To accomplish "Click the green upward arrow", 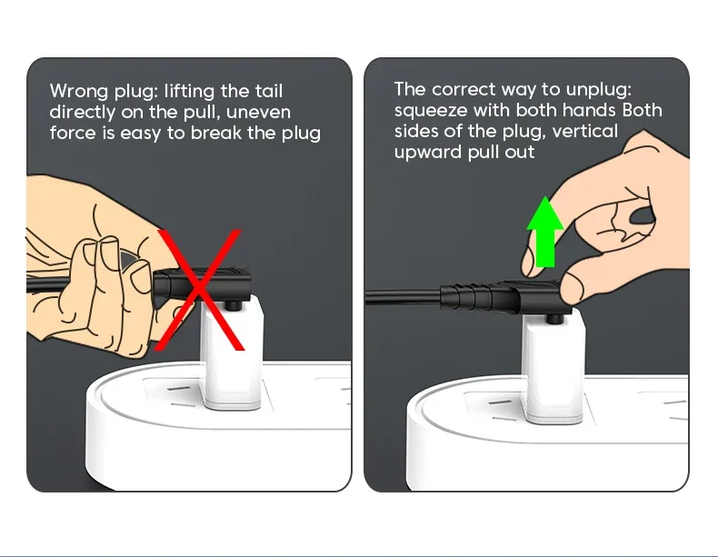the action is (x=545, y=232).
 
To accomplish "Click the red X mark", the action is (x=200, y=290).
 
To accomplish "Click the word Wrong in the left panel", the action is (x=79, y=91).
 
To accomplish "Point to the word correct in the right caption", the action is (x=464, y=89).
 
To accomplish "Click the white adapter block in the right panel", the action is (x=555, y=366).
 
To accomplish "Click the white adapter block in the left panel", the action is (x=233, y=353).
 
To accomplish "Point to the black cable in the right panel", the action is (x=403, y=296).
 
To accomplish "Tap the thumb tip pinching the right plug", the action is (x=573, y=287).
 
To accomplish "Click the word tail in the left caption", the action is (x=269, y=91).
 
